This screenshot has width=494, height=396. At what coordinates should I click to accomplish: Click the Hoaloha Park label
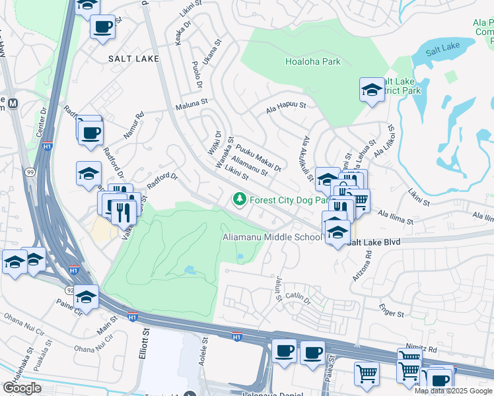click(312, 61)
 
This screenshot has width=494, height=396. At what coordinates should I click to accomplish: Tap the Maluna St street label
click(191, 104)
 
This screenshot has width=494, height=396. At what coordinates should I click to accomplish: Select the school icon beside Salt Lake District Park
click(372, 90)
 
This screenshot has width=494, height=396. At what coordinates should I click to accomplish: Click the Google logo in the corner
click(22, 388)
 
